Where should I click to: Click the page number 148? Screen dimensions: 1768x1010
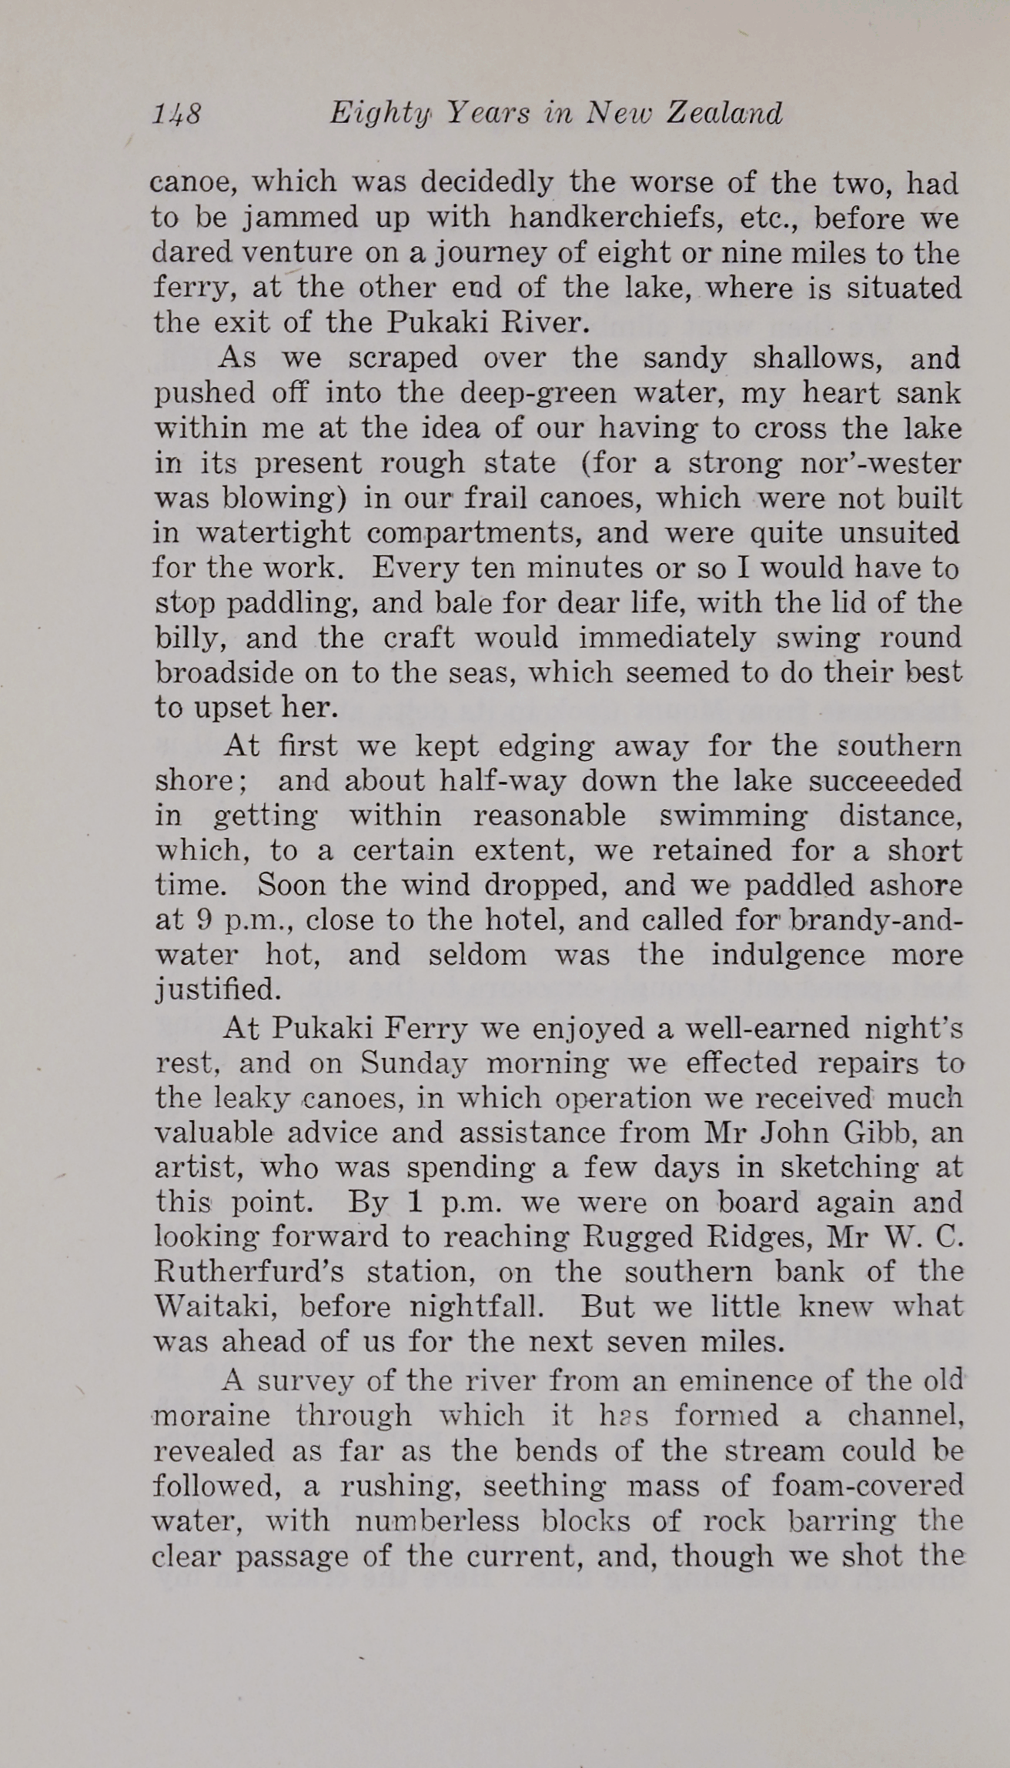pos(176,115)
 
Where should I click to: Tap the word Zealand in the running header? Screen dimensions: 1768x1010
pos(724,114)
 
